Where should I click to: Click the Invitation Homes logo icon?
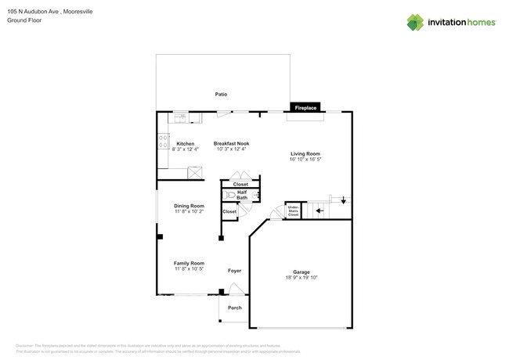coord(415,22)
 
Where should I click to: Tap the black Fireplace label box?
coord(305,108)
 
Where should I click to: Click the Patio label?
coord(222,94)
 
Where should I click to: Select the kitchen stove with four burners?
coord(164,142)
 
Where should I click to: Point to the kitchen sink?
coord(180,117)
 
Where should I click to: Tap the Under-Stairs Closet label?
coord(293,211)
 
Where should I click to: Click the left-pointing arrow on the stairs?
coord(319,211)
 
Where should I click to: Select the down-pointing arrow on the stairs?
coord(343,200)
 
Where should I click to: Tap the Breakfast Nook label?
coord(231,144)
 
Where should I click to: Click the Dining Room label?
coord(189,206)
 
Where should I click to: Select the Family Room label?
coord(189,263)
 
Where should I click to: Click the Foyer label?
coord(234,271)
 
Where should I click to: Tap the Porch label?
coord(234,308)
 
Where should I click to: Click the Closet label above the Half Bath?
coord(240,185)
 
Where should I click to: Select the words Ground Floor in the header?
coord(23,21)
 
